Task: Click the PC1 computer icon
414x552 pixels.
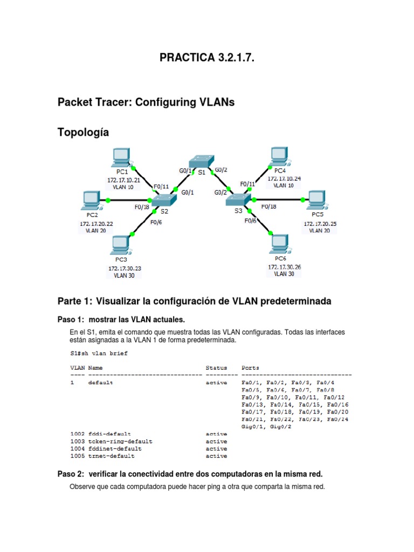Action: (120, 158)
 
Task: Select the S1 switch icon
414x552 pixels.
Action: (201, 161)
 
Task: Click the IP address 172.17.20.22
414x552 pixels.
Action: (96, 223)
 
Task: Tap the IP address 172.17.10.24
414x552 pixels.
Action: (284, 178)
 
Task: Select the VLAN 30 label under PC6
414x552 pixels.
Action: (284, 274)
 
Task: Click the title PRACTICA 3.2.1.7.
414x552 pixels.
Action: (206, 58)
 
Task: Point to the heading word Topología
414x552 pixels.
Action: (83, 132)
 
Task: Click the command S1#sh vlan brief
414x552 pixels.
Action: (99, 354)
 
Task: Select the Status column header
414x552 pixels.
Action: (217, 368)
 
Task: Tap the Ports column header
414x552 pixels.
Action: (251, 368)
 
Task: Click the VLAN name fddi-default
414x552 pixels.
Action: (109, 434)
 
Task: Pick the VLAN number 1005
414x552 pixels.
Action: (77, 456)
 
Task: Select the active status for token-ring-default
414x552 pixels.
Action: (217, 441)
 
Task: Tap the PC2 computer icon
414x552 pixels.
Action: (89, 201)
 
